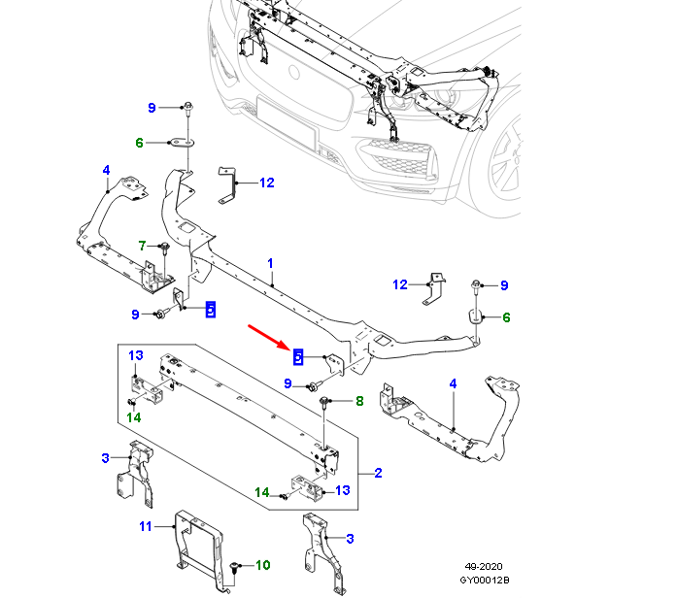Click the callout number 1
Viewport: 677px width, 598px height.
pos(271,263)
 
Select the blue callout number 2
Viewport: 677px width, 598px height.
pos(378,474)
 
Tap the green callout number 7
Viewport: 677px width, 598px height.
pos(141,245)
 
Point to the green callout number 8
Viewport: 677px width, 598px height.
pos(358,400)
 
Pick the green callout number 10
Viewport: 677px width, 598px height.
pos(263,564)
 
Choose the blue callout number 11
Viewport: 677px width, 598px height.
pos(145,526)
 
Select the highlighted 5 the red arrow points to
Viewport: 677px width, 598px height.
pos(298,356)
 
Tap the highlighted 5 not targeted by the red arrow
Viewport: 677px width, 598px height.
pos(210,310)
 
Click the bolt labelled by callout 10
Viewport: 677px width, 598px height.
pos(237,564)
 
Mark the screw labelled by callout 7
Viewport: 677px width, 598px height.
pos(164,249)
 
